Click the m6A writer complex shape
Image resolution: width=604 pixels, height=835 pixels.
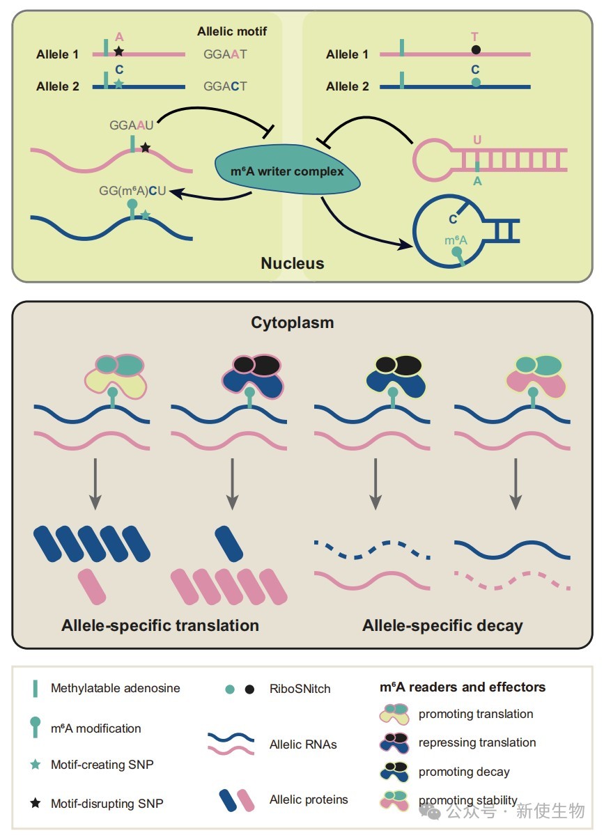pyautogui.click(x=288, y=170)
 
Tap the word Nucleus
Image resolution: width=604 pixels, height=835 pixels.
pyautogui.click(x=293, y=263)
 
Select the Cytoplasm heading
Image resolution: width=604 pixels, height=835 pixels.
pyautogui.click(x=293, y=322)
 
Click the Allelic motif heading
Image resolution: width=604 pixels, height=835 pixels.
pyautogui.click(x=232, y=31)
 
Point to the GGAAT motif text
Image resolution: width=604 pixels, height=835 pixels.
pyautogui.click(x=225, y=54)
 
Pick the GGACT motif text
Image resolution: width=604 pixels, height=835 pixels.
pyautogui.click(x=225, y=86)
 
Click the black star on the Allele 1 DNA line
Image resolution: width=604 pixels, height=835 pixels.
pyautogui.click(x=118, y=51)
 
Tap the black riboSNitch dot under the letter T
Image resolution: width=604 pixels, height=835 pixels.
pyautogui.click(x=477, y=49)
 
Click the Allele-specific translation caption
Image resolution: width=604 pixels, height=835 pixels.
pyautogui.click(x=160, y=625)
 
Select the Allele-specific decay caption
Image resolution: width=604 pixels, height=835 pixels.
pyautogui.click(x=442, y=625)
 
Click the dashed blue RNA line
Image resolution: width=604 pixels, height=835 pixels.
pyautogui.click(x=372, y=550)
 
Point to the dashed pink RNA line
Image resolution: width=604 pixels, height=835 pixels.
pyautogui.click(x=512, y=580)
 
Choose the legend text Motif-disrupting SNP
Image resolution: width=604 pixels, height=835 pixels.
pyautogui.click(x=107, y=803)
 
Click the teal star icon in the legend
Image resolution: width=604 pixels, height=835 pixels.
pyautogui.click(x=35, y=764)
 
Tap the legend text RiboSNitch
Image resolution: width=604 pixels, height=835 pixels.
pyautogui.click(x=300, y=689)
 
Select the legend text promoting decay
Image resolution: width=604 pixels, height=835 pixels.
pyautogui.click(x=464, y=772)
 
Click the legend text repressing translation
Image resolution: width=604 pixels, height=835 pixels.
pyautogui.click(x=477, y=742)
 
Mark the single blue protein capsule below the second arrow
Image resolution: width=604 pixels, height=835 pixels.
pyautogui.click(x=229, y=544)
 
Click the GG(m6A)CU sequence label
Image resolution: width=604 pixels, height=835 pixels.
pyautogui.click(x=132, y=191)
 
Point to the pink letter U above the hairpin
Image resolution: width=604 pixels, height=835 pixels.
pyautogui.click(x=477, y=139)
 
